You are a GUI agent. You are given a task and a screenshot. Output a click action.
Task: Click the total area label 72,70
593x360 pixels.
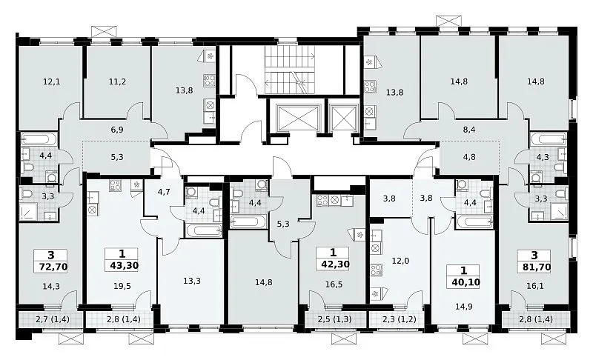point(53,267)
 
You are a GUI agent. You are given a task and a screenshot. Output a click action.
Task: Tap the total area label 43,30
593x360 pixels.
point(125,266)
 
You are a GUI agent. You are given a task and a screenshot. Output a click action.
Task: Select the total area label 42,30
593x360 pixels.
point(335,264)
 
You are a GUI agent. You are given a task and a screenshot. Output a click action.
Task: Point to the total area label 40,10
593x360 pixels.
point(466,282)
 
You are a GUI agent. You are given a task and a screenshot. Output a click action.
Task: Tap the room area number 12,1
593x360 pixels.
point(51,81)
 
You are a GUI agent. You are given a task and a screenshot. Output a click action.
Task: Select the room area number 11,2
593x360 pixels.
point(117,81)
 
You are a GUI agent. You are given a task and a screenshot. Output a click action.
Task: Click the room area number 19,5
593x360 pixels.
point(122,286)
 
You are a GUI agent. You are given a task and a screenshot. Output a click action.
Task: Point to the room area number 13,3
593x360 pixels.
point(192,281)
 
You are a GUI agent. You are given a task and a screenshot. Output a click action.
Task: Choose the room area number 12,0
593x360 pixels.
point(400,261)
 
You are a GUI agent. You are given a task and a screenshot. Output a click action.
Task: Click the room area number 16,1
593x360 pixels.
point(534,286)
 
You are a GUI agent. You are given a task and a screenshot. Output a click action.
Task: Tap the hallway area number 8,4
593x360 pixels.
point(469,130)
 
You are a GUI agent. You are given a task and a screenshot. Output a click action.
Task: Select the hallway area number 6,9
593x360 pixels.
point(117,130)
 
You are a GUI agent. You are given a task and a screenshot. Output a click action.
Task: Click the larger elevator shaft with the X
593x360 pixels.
point(298,118)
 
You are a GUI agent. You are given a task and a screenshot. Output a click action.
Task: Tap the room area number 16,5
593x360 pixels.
point(334,284)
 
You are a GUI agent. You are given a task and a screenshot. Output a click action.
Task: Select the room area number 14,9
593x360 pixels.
point(464,307)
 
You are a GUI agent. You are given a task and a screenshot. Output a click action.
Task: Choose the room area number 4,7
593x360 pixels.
point(164,192)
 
